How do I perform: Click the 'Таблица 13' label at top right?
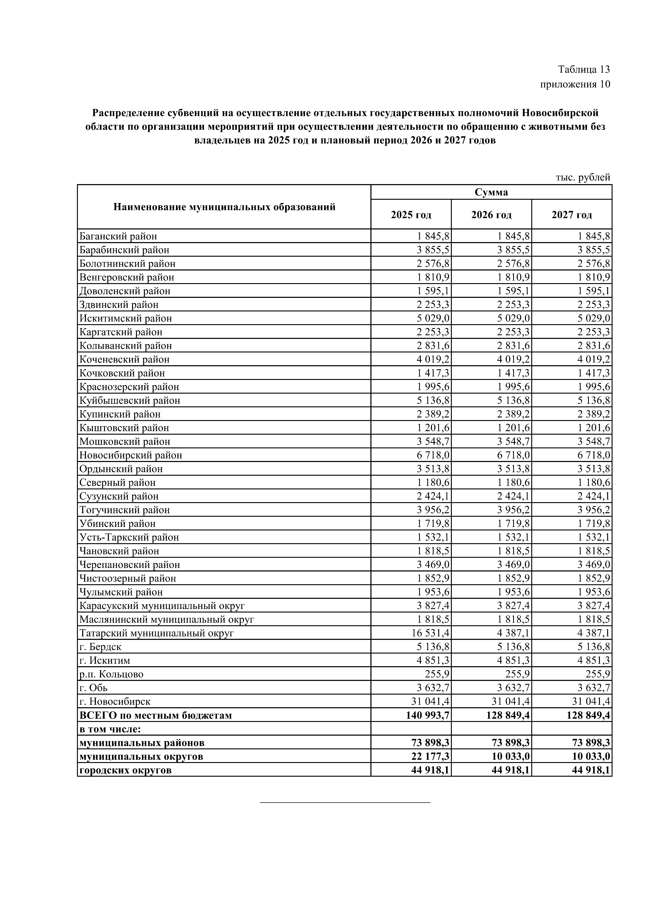coord(583,70)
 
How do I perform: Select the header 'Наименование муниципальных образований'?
coord(224,207)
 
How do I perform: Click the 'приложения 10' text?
coord(575,84)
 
